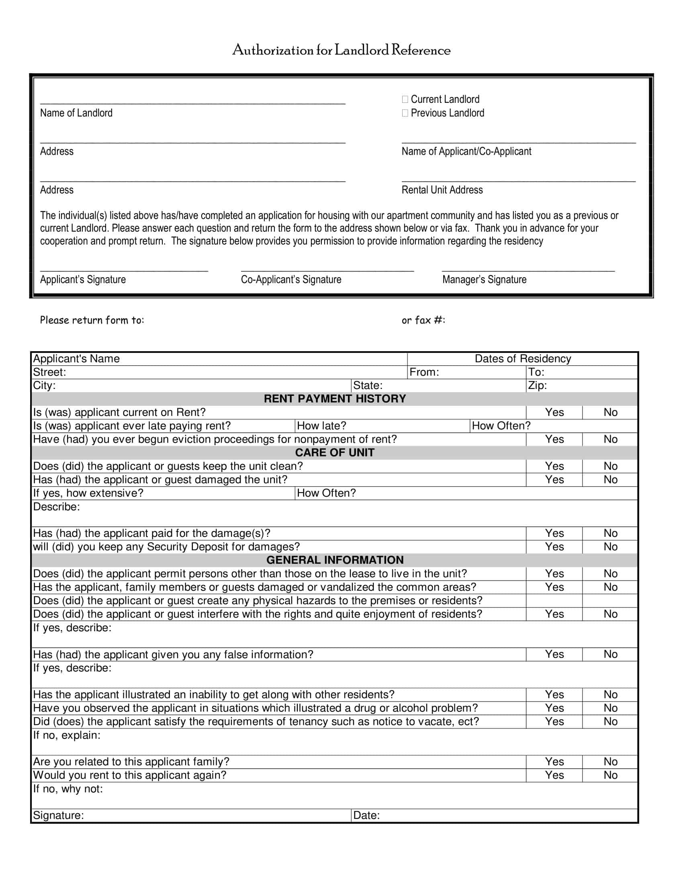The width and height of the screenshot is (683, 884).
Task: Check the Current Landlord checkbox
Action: click(x=405, y=99)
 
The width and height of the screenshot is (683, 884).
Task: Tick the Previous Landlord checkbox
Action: click(x=405, y=113)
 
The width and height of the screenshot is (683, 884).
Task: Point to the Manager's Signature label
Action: click(x=484, y=280)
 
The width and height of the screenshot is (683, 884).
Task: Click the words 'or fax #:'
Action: click(x=423, y=321)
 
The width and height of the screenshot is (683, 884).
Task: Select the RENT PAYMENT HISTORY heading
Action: click(x=335, y=399)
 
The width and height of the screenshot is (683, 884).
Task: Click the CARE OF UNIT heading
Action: click(x=335, y=452)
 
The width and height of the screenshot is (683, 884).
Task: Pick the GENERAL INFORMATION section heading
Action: click(x=335, y=560)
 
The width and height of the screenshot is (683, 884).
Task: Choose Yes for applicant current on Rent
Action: click(x=554, y=412)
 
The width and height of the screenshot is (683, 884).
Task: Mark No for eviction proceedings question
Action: click(x=610, y=439)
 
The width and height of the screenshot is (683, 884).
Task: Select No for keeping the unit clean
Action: click(x=610, y=466)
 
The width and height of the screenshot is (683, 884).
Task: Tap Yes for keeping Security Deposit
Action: click(x=554, y=547)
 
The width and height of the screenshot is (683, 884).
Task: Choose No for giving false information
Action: click(x=610, y=655)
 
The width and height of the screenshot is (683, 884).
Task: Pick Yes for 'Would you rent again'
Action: click(x=554, y=775)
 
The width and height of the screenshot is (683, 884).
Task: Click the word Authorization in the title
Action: click(x=273, y=50)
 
